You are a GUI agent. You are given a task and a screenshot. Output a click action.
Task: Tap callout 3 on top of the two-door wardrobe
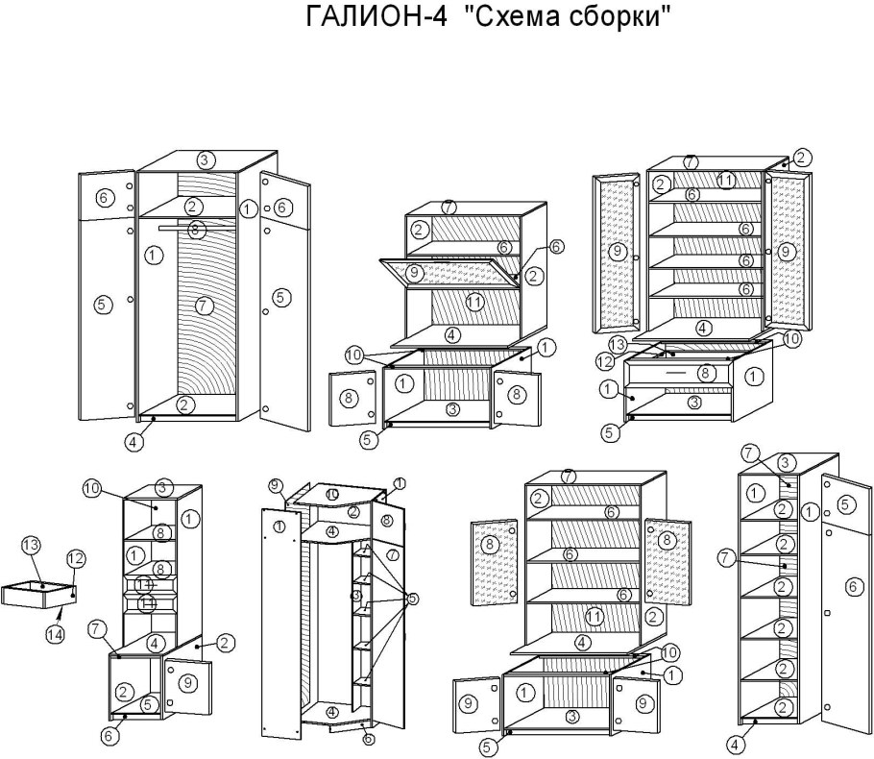205,159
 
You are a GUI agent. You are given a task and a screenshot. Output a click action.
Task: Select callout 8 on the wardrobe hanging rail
195,230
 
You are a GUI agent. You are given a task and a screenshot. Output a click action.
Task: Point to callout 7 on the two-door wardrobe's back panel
202,306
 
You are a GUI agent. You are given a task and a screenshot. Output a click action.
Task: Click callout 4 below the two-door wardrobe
134,443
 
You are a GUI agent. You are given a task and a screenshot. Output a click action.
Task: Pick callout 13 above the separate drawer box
31,546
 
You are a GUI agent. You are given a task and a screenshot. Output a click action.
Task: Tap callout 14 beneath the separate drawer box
57,634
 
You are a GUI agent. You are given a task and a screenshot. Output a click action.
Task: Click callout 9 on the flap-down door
415,273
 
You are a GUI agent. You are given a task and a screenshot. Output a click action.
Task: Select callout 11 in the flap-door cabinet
473,303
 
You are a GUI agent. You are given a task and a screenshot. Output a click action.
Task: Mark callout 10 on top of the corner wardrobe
331,494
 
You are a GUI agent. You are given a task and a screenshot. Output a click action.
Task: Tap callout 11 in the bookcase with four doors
595,616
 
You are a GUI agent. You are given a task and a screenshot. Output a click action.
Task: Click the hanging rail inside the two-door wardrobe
168,229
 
